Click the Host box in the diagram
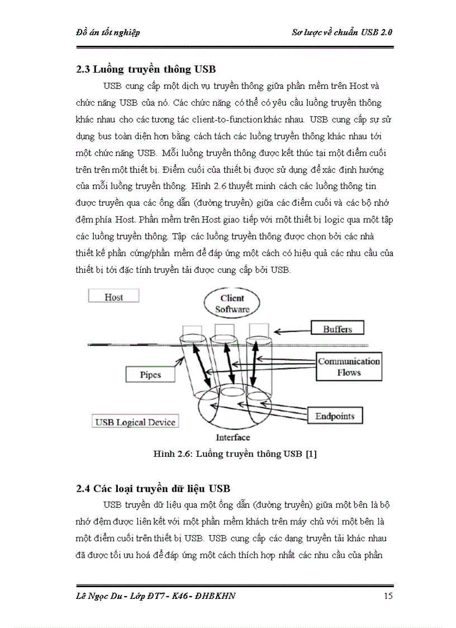coord(113,297)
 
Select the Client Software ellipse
coord(232,303)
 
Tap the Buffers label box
coord(338,329)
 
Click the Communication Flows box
coord(349,367)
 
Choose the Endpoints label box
coord(335,416)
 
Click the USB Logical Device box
coord(135,422)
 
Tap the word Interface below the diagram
coord(233,437)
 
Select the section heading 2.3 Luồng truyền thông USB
coord(146,70)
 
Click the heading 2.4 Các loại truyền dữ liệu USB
coord(153,488)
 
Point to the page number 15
coord(388,596)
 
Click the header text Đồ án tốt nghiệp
coord(107,32)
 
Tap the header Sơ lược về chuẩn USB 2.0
coord(342,32)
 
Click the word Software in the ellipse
coord(232,309)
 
